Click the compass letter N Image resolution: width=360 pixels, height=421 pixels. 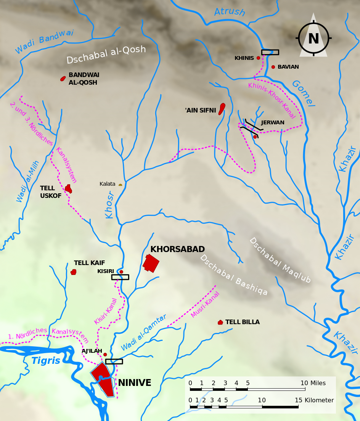coord(313,39)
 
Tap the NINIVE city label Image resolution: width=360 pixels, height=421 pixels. coord(135,383)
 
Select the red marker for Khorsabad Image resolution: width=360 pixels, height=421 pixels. coord(151,263)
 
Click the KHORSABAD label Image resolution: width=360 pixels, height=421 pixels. coord(177,249)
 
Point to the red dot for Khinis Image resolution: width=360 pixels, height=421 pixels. coord(258,58)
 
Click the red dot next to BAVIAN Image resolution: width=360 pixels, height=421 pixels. coord(273,67)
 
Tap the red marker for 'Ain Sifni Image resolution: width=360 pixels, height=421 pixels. coord(222,109)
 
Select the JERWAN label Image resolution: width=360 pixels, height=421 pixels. coord(273,123)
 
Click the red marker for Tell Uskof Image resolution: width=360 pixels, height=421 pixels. coord(68,189)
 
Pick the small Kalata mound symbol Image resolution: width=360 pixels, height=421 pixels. coord(121,185)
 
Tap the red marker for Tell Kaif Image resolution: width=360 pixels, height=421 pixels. coord(74,272)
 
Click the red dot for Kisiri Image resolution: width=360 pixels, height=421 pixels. coord(121,272)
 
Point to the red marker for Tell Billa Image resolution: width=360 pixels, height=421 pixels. coord(220,322)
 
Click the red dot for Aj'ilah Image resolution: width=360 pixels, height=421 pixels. coord(105,355)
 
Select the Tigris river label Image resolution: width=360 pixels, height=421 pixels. coord(46,361)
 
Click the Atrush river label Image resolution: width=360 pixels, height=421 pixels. coord(229,12)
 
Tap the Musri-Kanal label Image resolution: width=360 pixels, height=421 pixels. coord(205,304)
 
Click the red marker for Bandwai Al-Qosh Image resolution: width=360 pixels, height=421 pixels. coord(63,79)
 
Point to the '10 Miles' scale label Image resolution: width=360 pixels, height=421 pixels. coord(313,383)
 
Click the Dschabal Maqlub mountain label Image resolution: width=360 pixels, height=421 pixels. coord(280,260)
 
